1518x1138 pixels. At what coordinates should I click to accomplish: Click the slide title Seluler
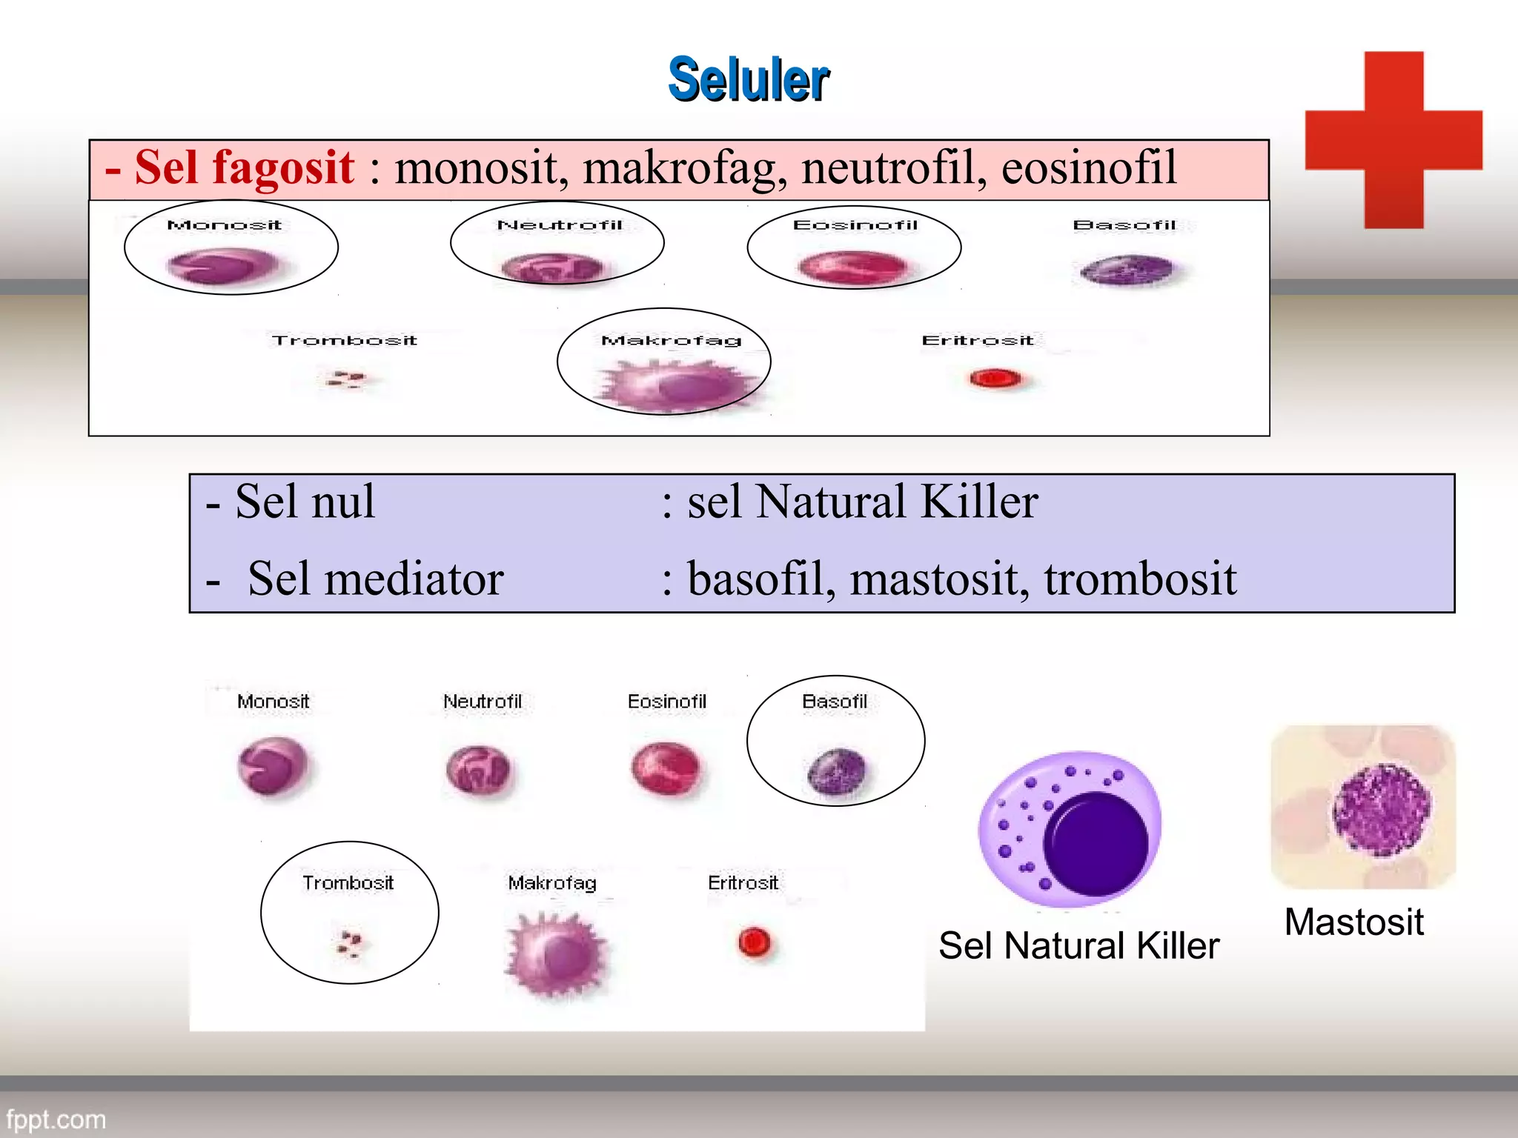749,79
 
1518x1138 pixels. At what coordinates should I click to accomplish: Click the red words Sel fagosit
244,167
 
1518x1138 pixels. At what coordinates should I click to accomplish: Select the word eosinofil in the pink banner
1088,167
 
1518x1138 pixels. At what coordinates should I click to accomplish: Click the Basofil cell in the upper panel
1127,270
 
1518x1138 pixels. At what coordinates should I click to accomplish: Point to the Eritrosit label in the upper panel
977,340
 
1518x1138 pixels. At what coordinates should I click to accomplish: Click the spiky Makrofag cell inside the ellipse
678,385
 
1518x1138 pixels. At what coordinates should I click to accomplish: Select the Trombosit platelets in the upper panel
345,379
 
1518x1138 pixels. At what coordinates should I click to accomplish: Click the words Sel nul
304,502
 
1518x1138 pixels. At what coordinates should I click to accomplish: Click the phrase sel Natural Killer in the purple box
862,502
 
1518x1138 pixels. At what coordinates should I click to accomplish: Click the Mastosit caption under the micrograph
1353,922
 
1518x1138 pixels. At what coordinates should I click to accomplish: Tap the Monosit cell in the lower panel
272,766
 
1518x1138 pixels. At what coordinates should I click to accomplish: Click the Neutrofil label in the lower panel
483,701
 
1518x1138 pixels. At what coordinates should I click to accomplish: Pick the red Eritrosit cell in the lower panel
755,942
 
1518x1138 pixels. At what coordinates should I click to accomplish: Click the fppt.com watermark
56,1119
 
